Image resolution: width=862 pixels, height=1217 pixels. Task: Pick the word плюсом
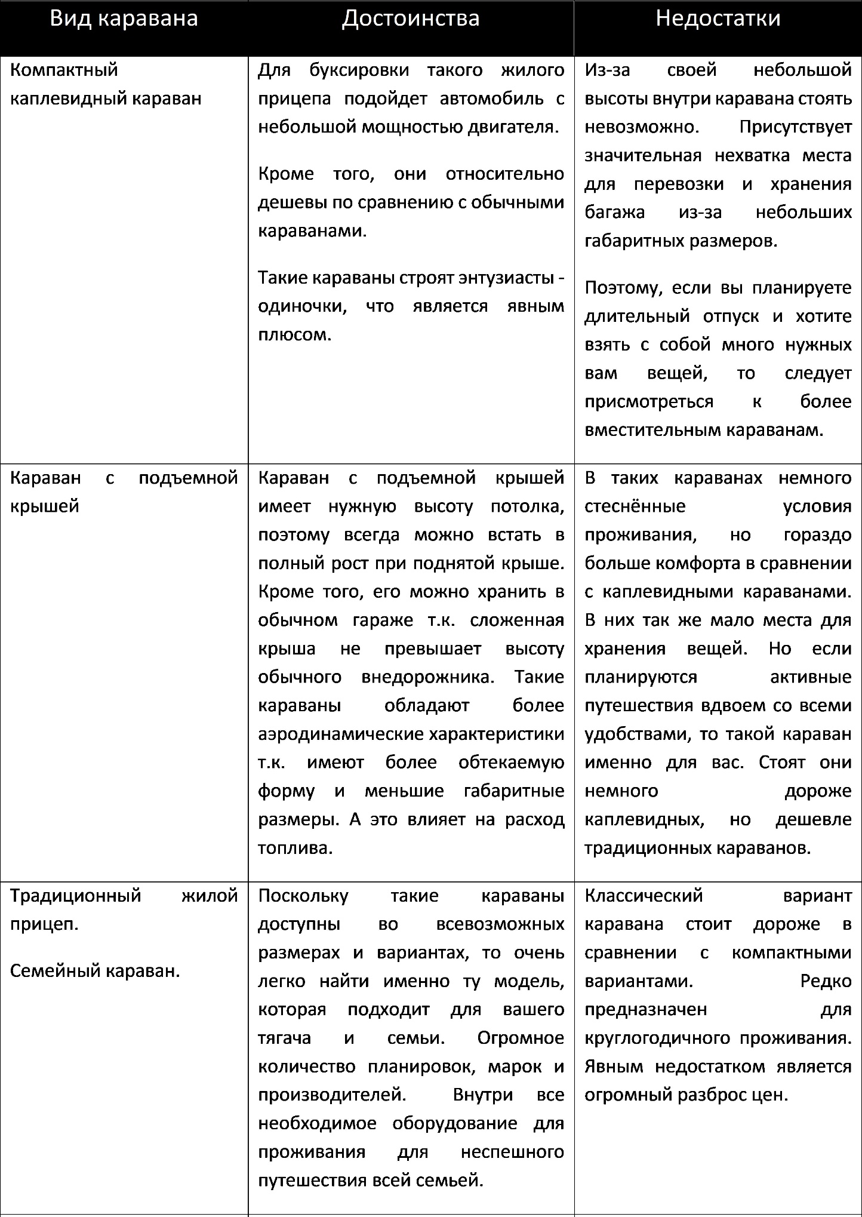click(294, 334)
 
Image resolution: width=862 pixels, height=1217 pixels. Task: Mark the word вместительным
click(652, 430)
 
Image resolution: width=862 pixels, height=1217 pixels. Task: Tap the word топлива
click(294, 848)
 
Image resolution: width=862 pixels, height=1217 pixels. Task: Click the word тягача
click(284, 1038)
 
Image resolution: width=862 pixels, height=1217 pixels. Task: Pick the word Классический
click(644, 896)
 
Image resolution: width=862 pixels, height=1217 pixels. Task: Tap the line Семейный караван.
click(95, 971)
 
